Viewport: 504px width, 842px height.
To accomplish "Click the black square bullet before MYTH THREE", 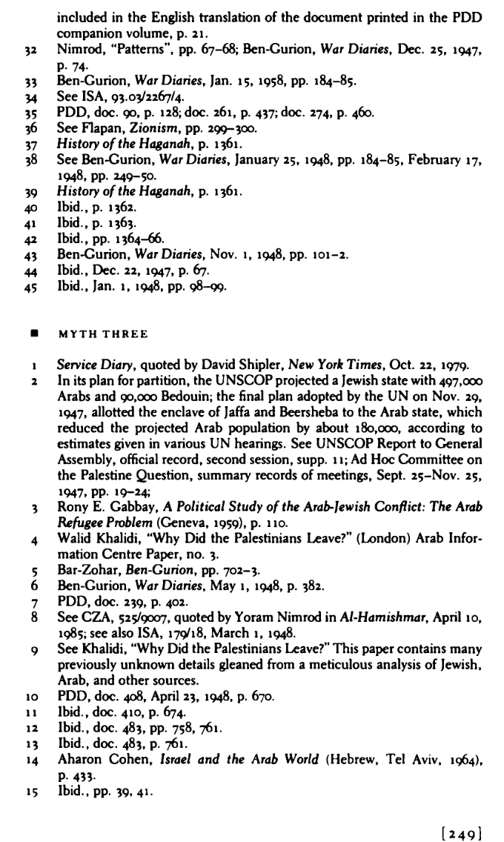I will (x=34, y=334).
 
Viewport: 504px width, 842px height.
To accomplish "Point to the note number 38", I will (x=31, y=159).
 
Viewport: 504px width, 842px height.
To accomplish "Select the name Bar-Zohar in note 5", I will (x=84, y=571).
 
